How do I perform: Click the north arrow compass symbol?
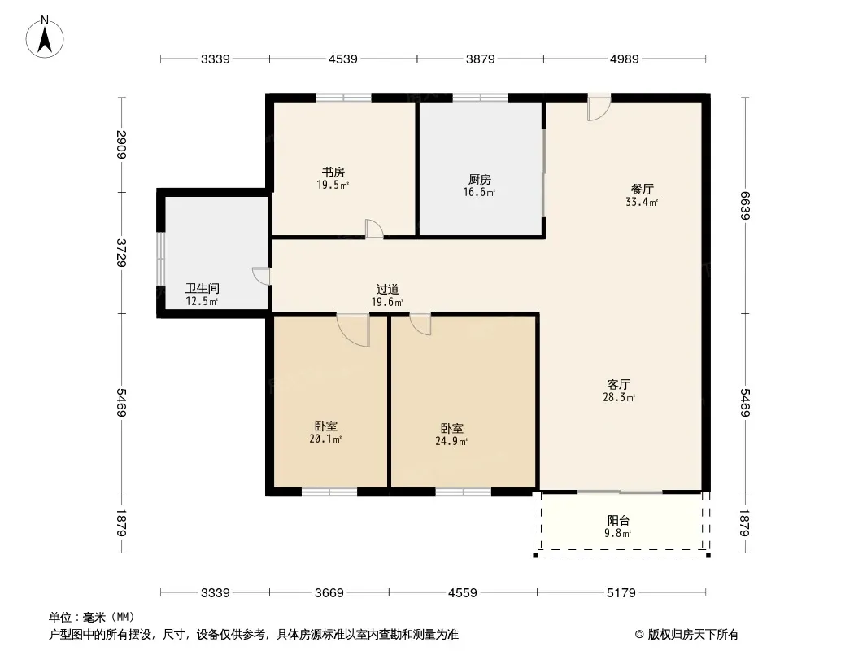click(45, 37)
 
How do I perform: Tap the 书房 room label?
click(333, 173)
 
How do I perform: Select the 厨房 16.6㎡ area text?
click(479, 193)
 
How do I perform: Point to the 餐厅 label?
click(642, 189)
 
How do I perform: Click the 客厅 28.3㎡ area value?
click(619, 397)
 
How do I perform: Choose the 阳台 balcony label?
click(618, 521)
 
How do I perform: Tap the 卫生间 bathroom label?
click(203, 289)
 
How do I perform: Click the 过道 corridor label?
click(388, 289)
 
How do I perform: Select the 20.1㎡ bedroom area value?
click(325, 439)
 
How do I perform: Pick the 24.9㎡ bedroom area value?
click(451, 441)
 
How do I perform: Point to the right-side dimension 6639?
click(744, 205)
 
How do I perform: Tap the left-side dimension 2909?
click(122, 144)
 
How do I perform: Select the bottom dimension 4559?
click(462, 593)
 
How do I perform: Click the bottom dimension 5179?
click(621, 593)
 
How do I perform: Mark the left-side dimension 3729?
click(122, 253)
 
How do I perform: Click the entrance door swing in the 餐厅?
click(599, 107)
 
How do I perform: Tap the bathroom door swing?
click(261, 276)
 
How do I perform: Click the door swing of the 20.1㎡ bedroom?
click(354, 330)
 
